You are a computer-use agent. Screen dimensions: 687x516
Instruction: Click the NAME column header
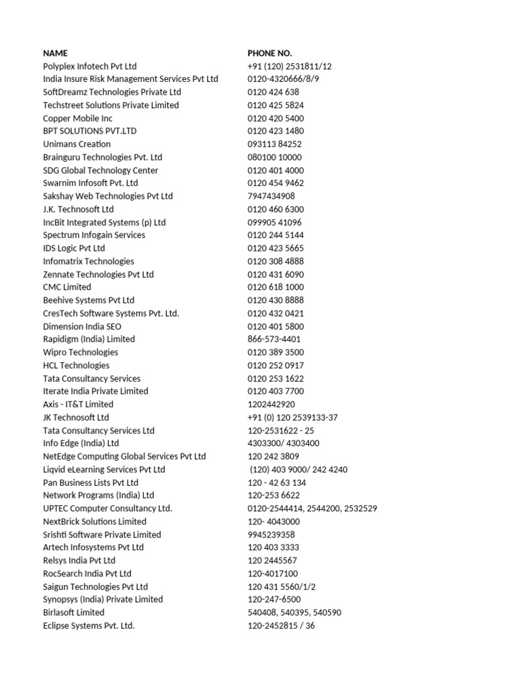pos(55,53)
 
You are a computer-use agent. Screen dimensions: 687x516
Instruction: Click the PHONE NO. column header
pos(269,53)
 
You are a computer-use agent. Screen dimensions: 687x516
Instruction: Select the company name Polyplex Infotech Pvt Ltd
pos(89,66)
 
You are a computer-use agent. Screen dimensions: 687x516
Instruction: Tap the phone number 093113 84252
pos(274,144)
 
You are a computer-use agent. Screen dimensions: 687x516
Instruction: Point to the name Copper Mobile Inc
pos(77,118)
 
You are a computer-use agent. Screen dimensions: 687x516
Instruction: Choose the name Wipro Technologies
pos(80,352)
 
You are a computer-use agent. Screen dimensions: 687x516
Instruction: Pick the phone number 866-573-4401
pos(274,339)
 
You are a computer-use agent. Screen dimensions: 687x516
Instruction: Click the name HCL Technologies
pos(76,366)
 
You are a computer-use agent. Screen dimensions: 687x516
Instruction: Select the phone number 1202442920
pos(271,405)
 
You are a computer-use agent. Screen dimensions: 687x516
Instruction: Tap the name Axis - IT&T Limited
pos(78,405)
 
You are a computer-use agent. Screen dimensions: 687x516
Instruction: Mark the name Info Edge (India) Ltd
pos(81,443)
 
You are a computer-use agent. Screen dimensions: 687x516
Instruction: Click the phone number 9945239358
pos(271,535)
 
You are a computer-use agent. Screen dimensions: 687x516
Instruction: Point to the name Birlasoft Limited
pos(73,613)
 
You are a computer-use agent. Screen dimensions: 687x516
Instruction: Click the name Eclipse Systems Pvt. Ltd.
pos(89,626)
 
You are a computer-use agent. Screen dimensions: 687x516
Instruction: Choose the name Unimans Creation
pos(77,144)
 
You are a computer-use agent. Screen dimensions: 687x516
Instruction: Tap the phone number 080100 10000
pos(274,158)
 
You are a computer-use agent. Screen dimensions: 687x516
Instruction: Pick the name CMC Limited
pos(67,287)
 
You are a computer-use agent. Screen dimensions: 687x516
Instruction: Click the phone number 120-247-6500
pos(274,600)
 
